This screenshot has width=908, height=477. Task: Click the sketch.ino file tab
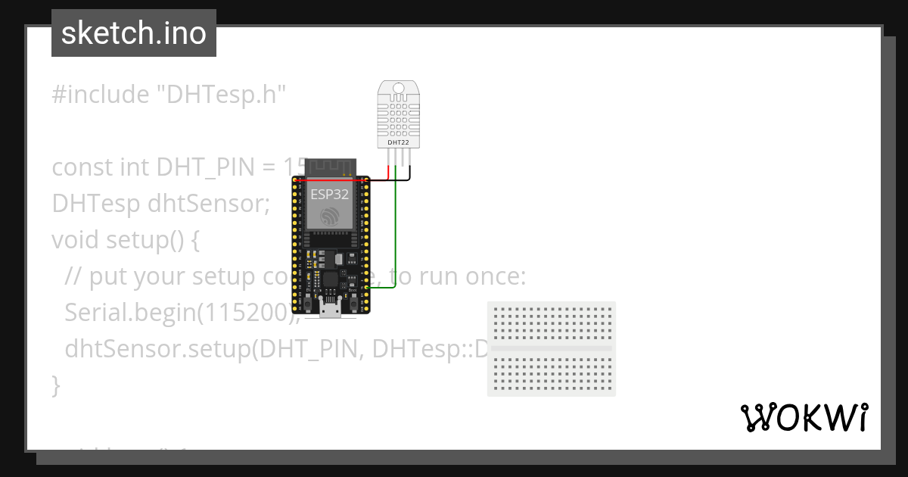click(134, 33)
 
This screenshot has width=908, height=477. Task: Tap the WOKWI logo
click(803, 417)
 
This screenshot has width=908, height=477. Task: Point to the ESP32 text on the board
click(330, 194)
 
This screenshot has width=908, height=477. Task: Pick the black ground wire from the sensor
click(409, 176)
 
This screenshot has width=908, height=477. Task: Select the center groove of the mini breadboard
click(552, 348)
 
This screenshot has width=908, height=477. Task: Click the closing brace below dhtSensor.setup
click(55, 385)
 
